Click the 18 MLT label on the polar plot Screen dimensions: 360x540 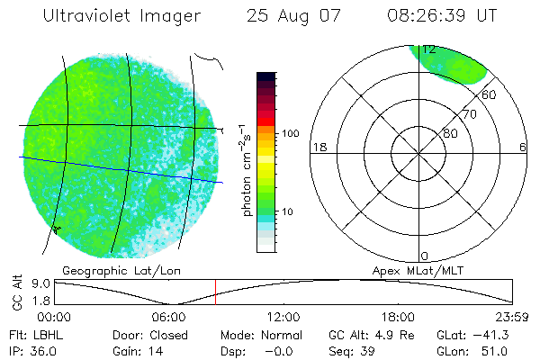pos(318,148)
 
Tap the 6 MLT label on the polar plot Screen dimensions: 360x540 pos(523,148)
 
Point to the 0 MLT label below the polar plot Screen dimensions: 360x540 pos(425,256)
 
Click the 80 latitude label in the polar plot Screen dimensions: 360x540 pos(450,133)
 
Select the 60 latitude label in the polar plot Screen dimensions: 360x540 pos(490,94)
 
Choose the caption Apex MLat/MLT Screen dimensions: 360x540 pos(409,270)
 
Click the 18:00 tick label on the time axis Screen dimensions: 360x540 pos(398,316)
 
